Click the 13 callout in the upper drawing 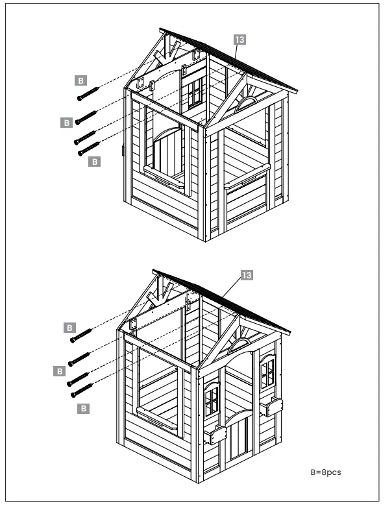click(x=240, y=40)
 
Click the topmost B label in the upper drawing click(x=80, y=80)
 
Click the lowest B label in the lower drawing click(x=82, y=407)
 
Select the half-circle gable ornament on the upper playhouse click(x=246, y=103)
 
